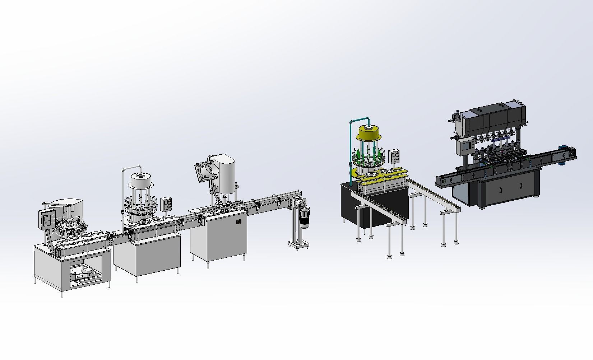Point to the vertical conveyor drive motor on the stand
coord(305,216)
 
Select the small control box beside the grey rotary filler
coord(166,204)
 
